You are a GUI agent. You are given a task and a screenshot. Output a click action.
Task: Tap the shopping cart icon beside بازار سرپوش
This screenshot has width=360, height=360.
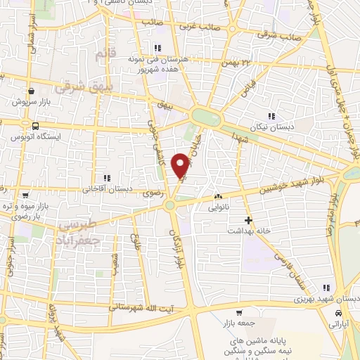click(32, 91)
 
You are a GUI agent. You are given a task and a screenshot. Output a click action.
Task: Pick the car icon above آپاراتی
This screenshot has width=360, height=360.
click(340, 313)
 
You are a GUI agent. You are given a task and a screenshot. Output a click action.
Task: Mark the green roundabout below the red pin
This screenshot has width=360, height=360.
click(169, 205)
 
